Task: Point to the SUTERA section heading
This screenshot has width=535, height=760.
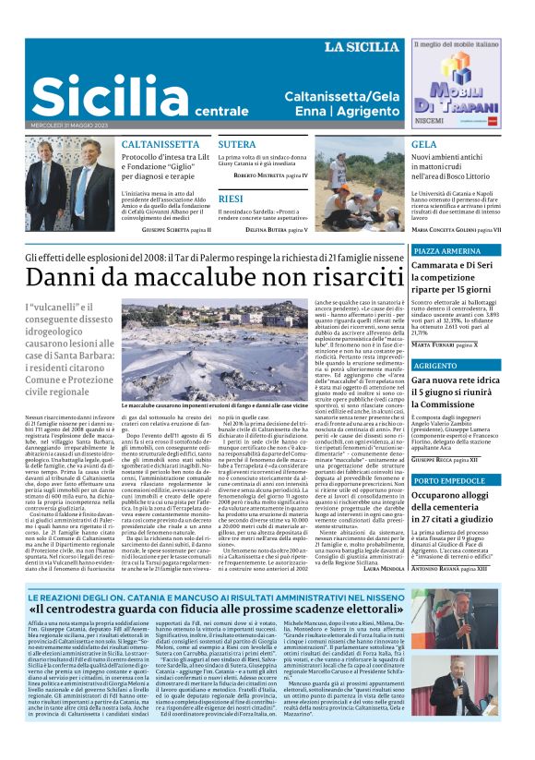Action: [x=237, y=145]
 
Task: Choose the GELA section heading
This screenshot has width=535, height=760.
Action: [x=424, y=145]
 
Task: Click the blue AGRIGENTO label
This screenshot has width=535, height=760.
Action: [x=435, y=366]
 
